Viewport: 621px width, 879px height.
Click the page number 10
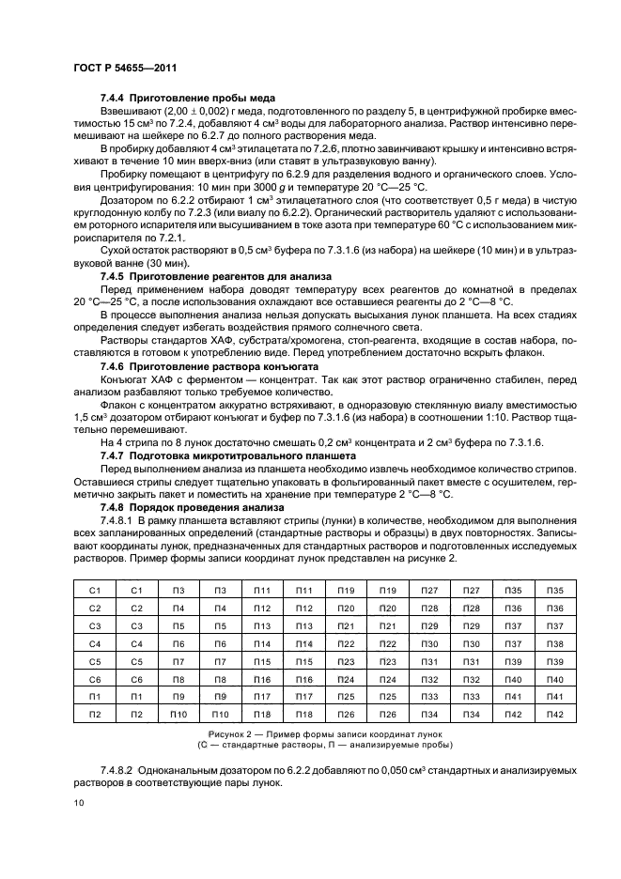click(x=80, y=801)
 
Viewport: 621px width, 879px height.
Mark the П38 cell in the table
click(x=554, y=644)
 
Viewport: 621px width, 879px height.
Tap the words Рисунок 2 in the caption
click(x=226, y=732)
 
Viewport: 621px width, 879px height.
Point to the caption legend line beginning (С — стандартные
click(x=310, y=745)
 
